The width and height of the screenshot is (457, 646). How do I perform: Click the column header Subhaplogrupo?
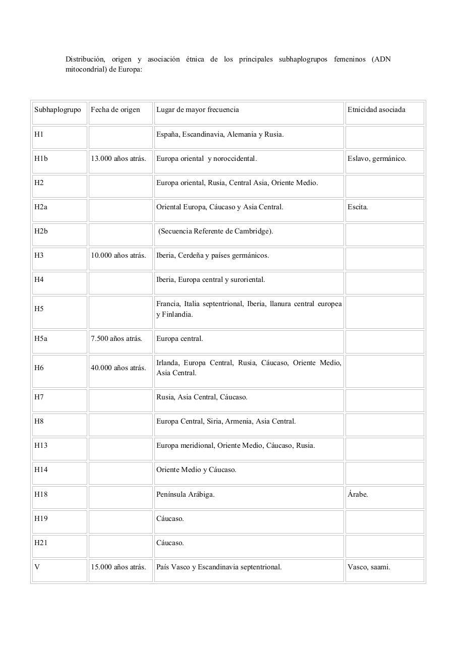pyautogui.click(x=58, y=110)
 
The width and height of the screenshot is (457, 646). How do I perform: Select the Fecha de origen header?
pyautogui.click(x=116, y=110)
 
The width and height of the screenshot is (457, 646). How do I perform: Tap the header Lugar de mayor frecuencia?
pyautogui.click(x=198, y=110)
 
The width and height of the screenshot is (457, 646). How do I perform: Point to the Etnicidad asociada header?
pyautogui.click(x=376, y=110)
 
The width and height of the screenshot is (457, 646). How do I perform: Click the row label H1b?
pyautogui.click(x=41, y=159)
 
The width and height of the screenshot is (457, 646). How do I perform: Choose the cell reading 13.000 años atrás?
pyautogui.click(x=119, y=159)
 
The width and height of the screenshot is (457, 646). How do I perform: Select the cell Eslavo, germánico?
pyautogui.click(x=377, y=159)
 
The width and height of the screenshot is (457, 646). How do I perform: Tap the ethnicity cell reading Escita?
pyautogui.click(x=358, y=207)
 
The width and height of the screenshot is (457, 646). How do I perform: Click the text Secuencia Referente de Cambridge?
pyautogui.click(x=216, y=231)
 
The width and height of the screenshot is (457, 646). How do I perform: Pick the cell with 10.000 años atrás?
pyautogui.click(x=119, y=256)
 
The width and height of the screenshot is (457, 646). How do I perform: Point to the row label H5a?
pyautogui.click(x=41, y=339)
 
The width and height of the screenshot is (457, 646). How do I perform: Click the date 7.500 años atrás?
pyautogui.click(x=117, y=339)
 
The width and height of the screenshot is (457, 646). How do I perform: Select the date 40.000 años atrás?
pyautogui.click(x=119, y=368)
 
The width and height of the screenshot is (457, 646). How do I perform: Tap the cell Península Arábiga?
pyautogui.click(x=185, y=495)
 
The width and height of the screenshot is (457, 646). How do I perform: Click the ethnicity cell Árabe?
pyautogui.click(x=358, y=495)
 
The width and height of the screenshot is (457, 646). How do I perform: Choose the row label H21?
pyautogui.click(x=41, y=543)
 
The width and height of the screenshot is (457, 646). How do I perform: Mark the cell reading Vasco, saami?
pyautogui.click(x=369, y=567)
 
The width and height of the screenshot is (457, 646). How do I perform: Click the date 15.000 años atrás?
pyautogui.click(x=119, y=567)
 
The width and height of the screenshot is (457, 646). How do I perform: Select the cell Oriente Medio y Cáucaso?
pyautogui.click(x=196, y=470)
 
